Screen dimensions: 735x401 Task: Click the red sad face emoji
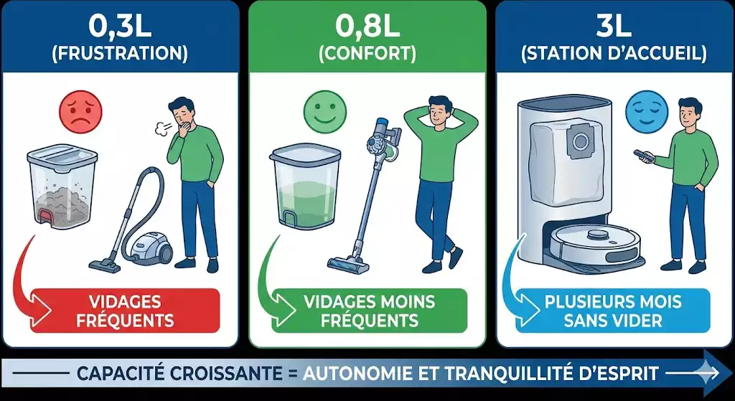(x=80, y=111)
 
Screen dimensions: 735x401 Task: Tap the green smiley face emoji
(x=325, y=111)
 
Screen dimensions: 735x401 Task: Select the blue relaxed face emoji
(x=646, y=111)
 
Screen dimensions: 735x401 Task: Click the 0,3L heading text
(x=120, y=29)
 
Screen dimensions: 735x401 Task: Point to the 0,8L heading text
(x=367, y=29)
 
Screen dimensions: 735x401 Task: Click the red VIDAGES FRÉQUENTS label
(x=125, y=311)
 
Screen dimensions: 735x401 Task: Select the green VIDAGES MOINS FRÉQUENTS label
(x=370, y=311)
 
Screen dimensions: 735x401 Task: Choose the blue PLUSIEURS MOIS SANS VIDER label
(x=613, y=311)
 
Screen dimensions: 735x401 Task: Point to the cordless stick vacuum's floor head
(x=348, y=263)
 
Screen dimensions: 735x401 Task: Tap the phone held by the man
(x=641, y=155)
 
